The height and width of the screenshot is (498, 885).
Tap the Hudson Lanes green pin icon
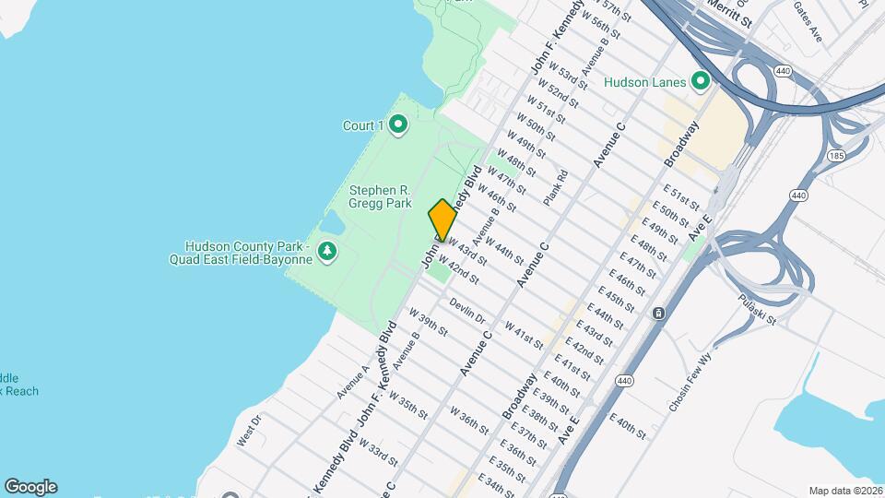[700, 82]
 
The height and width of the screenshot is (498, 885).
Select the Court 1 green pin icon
[398, 125]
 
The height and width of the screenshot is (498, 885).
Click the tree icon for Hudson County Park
[326, 252]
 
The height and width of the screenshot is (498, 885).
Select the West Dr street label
[250, 430]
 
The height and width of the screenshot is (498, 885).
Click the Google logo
[30, 486]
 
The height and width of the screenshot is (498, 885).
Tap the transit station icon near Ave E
[658, 314]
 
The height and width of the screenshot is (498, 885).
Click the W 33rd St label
[380, 455]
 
